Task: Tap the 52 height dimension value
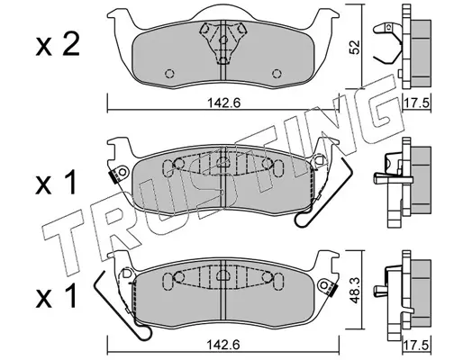click(355, 48)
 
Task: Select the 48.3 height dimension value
click(355, 290)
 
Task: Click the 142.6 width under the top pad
click(224, 103)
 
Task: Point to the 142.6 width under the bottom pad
click(224, 345)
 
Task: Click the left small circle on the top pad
click(170, 74)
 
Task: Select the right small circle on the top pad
click(277, 74)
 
